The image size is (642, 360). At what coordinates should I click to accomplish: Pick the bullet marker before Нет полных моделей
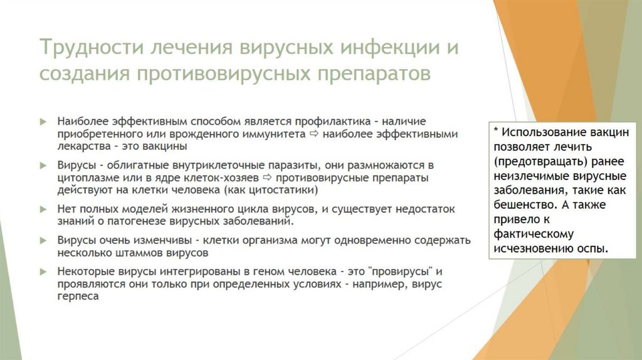tap(43, 209)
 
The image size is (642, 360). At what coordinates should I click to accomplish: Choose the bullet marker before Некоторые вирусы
tap(43, 271)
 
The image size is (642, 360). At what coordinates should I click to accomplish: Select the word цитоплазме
tap(85, 178)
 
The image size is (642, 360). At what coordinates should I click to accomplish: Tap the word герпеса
tap(78, 296)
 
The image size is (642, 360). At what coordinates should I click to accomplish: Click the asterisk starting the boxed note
tap(496, 132)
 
